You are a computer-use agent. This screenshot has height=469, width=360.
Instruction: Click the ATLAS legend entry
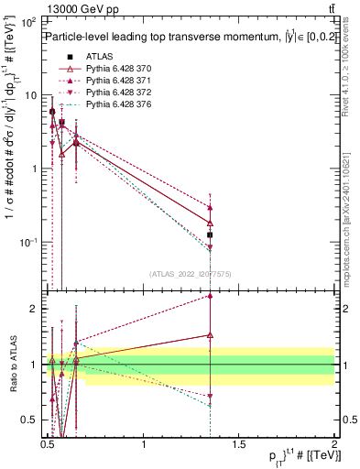tap(98, 56)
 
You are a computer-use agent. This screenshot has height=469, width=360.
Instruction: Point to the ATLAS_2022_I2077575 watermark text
tap(191, 274)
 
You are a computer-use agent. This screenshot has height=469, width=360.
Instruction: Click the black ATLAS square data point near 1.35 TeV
tap(210, 235)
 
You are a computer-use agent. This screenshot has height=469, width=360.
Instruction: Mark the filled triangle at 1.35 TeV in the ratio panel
tap(210, 296)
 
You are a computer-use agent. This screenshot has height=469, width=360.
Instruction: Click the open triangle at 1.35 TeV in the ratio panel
tap(210, 335)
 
